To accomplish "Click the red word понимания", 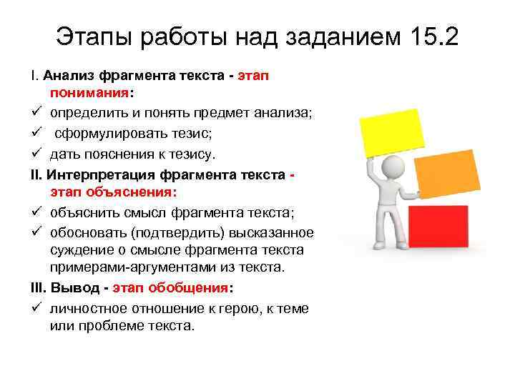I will pos(89,93).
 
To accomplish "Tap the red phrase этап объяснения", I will pos(113,192).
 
